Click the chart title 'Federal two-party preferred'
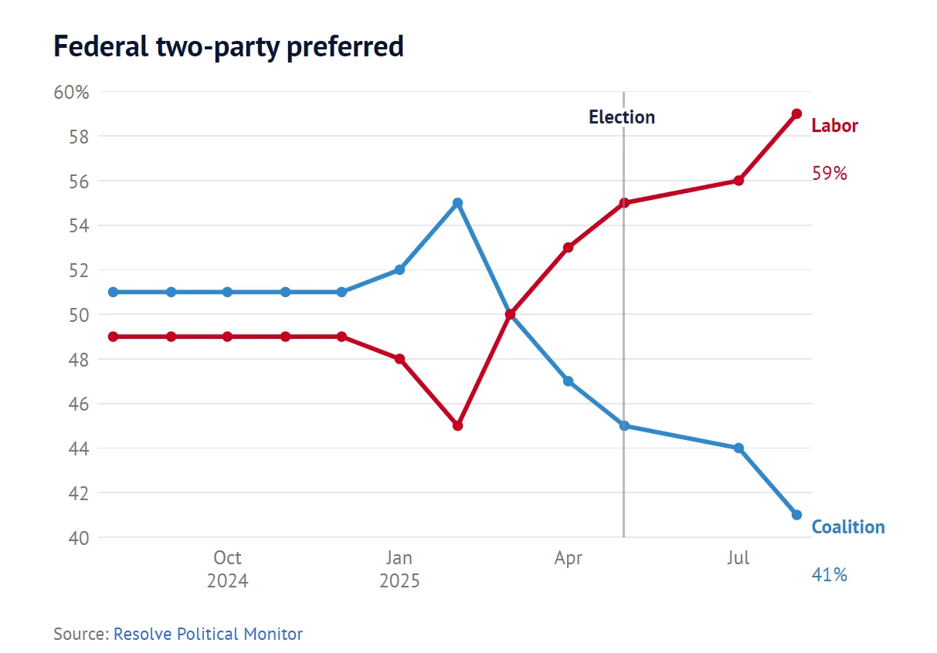pos(229,48)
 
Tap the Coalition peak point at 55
pos(457,203)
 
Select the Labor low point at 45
pos(457,425)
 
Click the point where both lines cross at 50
pos(510,314)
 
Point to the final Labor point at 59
pos(796,113)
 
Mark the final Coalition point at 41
pos(796,515)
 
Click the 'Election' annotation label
pos(621,117)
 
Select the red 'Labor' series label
pos(834,126)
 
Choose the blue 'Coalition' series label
pos(847,527)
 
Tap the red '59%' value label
pos(830,174)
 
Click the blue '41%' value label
pos(830,575)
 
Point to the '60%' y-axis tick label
pos(72,93)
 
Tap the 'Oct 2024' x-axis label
pos(227,569)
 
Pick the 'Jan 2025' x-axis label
pos(399,569)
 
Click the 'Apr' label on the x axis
pos(568,558)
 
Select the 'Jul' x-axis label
pos(738,558)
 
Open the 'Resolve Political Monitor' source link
pos(208,634)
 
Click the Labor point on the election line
pos(623,203)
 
